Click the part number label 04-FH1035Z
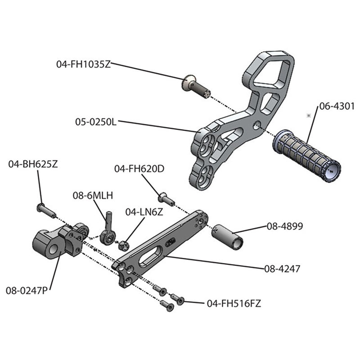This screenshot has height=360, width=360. [83, 64]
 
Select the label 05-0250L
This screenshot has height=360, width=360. [96, 121]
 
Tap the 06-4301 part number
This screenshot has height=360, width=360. [337, 107]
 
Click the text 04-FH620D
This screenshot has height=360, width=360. [139, 169]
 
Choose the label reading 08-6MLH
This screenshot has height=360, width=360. [93, 195]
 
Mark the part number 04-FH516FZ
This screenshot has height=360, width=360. [234, 303]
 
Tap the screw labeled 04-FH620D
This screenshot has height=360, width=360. [166, 197]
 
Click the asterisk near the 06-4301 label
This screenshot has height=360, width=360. [309, 116]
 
